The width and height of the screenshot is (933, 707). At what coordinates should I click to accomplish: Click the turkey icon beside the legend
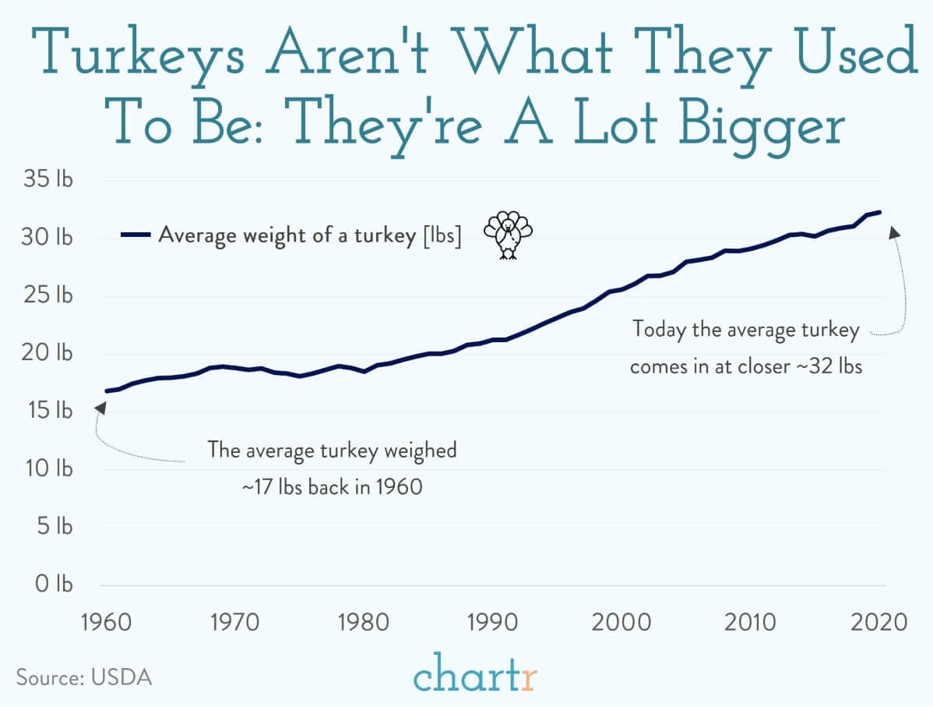point(508,234)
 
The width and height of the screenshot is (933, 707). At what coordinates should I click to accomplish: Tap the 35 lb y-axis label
point(48,180)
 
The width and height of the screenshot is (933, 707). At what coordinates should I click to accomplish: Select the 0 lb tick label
point(53,584)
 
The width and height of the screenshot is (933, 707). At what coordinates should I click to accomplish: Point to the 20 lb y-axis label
point(48,353)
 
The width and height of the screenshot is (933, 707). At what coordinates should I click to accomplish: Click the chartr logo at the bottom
point(475,675)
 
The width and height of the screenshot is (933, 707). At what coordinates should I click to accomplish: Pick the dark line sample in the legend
point(136,234)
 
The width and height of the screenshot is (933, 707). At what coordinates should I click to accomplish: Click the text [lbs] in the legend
point(442,234)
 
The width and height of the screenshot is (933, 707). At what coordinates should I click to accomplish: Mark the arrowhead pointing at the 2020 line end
point(894,232)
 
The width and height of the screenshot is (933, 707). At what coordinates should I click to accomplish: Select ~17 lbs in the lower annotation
point(273,487)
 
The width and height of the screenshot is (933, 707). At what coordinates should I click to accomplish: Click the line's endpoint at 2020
point(879,212)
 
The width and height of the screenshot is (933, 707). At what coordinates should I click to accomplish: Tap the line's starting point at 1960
point(106,391)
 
